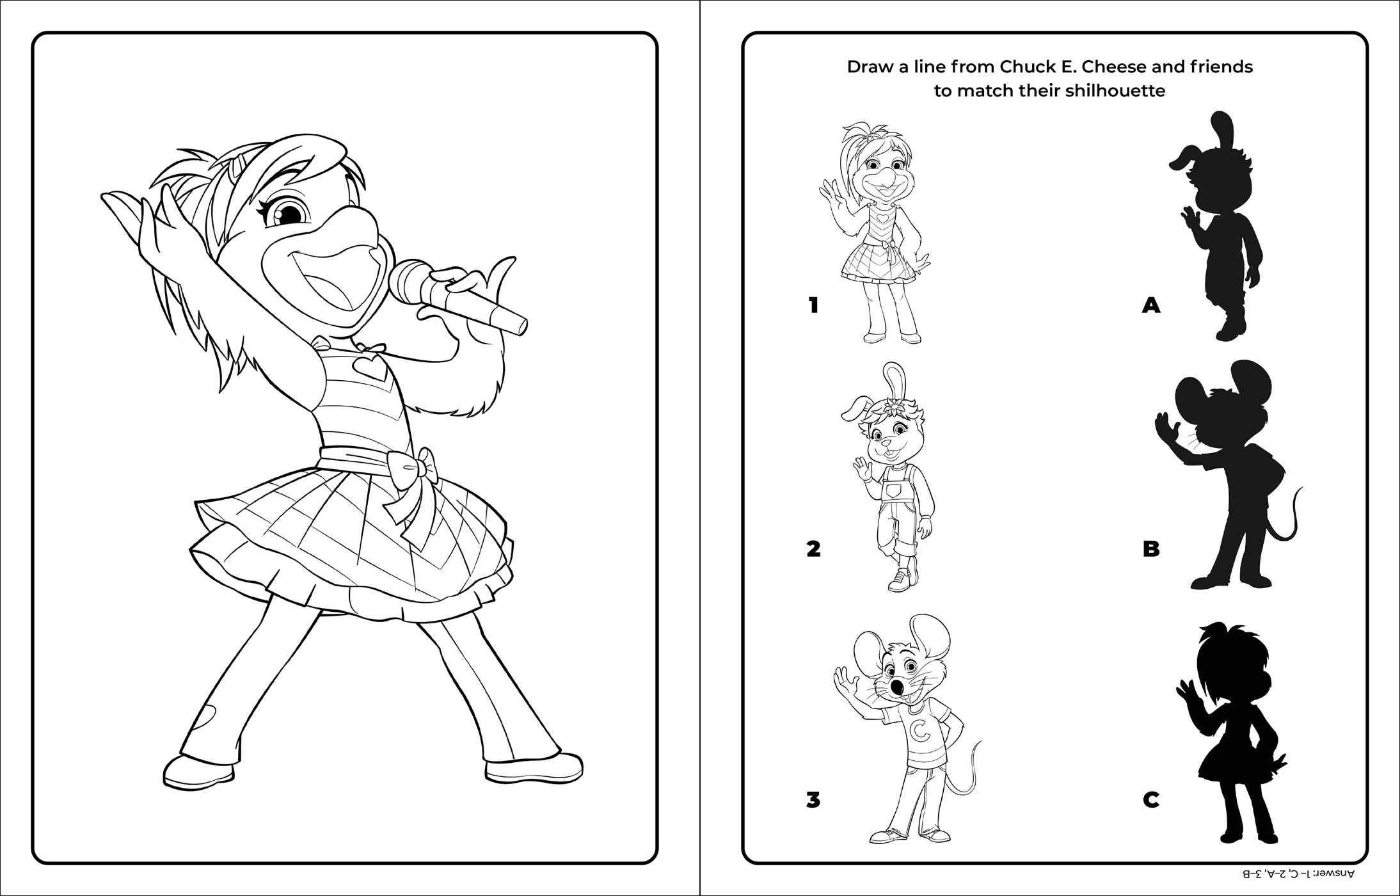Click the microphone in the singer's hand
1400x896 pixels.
pos(458,297)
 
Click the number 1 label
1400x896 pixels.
pos(813,305)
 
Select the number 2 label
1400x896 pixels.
pos(813,548)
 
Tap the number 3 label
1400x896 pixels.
pos(813,799)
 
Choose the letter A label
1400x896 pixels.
pos(1151,305)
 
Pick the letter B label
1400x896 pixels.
pos(1151,548)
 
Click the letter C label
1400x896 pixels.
pos(1151,799)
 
